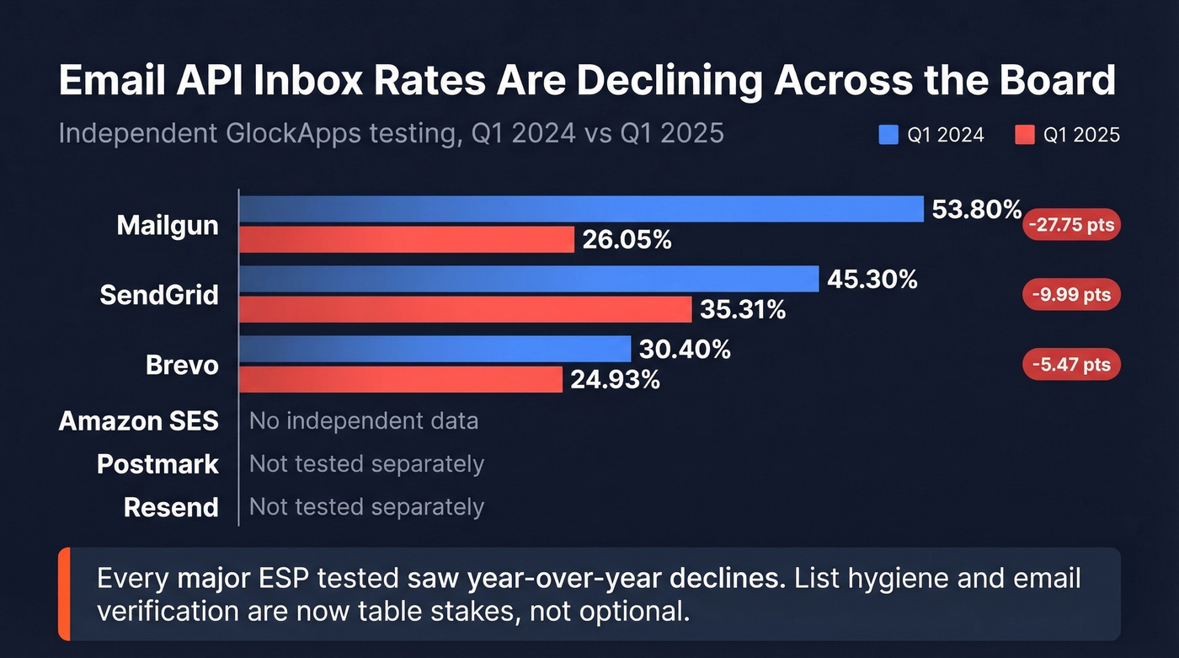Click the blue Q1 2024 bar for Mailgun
click(581, 209)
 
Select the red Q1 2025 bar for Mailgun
click(407, 240)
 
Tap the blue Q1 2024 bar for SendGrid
click(529, 279)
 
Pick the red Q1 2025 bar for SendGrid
click(465, 309)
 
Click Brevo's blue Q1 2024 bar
click(435, 349)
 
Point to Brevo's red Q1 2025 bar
click(401, 379)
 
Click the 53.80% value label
click(976, 210)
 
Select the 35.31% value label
click(742, 310)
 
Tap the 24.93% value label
click(615, 380)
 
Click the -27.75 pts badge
click(1071, 225)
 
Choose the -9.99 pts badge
click(1071, 295)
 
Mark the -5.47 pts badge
click(1071, 365)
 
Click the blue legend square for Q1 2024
click(888, 135)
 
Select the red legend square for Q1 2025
click(1024, 135)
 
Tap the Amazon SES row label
click(139, 420)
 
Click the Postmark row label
click(157, 464)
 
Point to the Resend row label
click(171, 507)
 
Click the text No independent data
click(363, 420)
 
